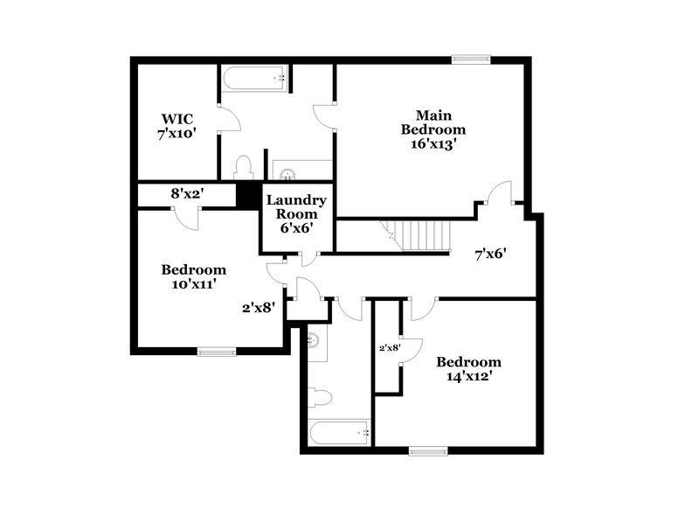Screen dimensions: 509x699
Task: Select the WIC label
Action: (x=176, y=118)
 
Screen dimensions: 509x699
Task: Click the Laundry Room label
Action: (x=296, y=206)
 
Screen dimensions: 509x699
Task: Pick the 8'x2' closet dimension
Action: (x=186, y=193)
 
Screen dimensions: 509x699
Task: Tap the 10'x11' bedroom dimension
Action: (x=193, y=283)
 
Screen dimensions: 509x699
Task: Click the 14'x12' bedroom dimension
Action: (x=469, y=377)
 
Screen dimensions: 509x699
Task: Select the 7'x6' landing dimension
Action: (x=490, y=254)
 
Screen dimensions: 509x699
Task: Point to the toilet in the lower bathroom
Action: (x=321, y=398)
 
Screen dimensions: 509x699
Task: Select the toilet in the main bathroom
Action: (x=244, y=168)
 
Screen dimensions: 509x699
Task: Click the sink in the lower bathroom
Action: (x=315, y=339)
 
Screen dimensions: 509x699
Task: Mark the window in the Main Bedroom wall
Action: (x=470, y=59)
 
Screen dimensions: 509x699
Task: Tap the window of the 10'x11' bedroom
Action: (x=216, y=352)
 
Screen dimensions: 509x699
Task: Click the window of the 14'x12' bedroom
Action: (x=428, y=452)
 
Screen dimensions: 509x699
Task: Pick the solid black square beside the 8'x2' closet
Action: (x=249, y=195)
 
